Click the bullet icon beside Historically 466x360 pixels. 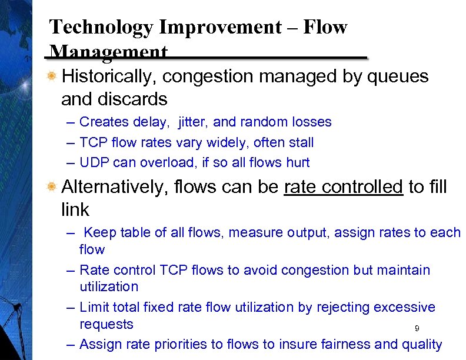(52, 76)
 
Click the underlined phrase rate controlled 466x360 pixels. (344, 187)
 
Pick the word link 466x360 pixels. (75, 209)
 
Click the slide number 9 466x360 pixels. (417, 329)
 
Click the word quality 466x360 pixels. (421, 344)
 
